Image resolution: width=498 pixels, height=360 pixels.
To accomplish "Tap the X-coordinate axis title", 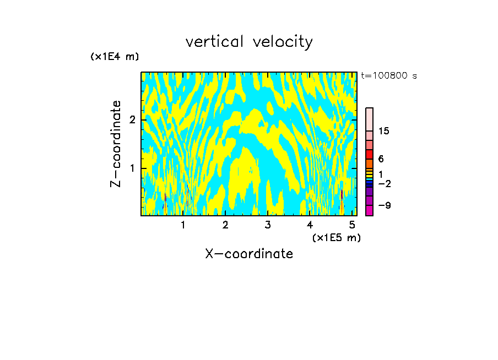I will click(x=249, y=254).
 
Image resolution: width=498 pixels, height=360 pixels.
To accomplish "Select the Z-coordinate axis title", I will click(x=116, y=144).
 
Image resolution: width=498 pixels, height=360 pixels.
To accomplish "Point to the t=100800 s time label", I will click(x=388, y=76).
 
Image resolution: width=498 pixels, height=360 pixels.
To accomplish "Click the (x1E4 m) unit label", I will click(x=115, y=57).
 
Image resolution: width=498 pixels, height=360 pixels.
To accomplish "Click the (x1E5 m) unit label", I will click(x=336, y=237).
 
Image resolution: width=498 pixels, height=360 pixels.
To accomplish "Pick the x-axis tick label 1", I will click(x=183, y=225).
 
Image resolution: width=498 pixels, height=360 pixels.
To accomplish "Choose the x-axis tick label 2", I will click(x=225, y=225).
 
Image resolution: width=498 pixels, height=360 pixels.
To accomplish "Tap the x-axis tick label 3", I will click(x=268, y=225).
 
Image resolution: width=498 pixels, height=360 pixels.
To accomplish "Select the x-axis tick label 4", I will click(x=310, y=225).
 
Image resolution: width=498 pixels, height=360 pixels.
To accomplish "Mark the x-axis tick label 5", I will click(x=352, y=225).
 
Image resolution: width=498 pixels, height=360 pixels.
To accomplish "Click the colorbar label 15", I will click(x=384, y=132).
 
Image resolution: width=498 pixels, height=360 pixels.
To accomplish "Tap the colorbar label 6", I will click(x=381, y=159).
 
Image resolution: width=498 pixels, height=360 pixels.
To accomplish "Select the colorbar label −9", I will click(x=384, y=206).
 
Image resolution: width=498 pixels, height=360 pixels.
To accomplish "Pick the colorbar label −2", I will click(x=384, y=183).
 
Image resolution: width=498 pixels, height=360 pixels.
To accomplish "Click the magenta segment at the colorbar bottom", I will click(x=369, y=210).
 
